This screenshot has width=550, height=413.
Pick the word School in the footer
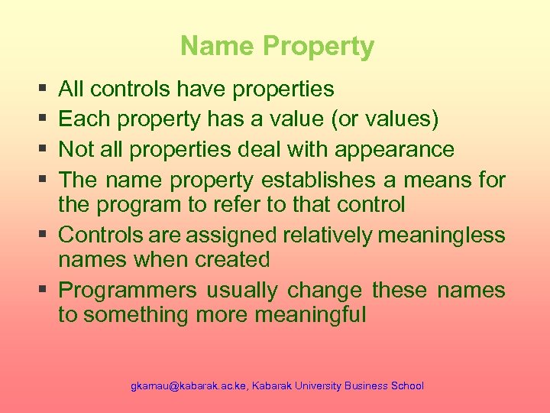point(407,386)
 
